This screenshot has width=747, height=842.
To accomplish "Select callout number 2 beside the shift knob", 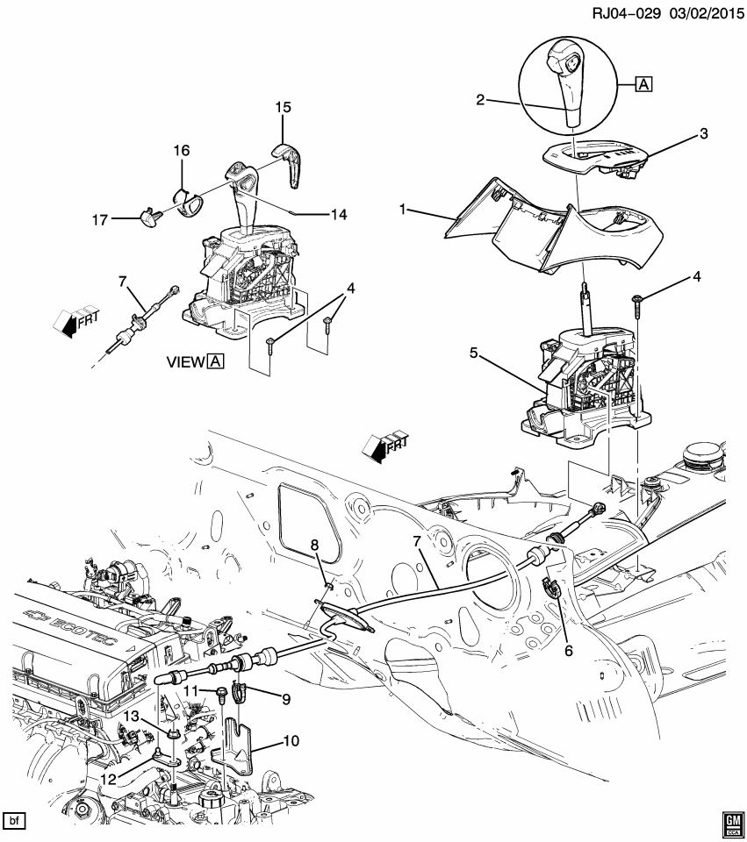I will click(x=480, y=100).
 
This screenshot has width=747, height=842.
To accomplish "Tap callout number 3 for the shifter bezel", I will click(x=703, y=133).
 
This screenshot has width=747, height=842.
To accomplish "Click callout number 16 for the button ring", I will click(x=181, y=151).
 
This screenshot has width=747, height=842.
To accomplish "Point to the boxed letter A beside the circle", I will click(x=643, y=85).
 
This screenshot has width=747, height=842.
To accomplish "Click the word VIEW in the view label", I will click(x=184, y=361).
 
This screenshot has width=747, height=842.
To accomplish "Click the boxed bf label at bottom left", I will click(x=14, y=821).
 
